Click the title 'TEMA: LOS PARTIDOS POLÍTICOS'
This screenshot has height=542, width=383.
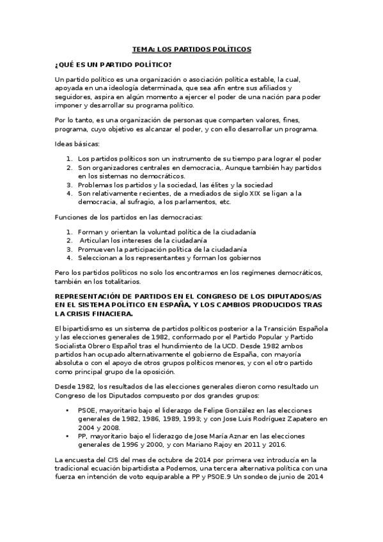(191, 49)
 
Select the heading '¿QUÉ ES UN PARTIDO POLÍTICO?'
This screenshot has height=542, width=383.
(113, 65)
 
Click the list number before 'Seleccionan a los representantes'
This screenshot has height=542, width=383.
(70, 258)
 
